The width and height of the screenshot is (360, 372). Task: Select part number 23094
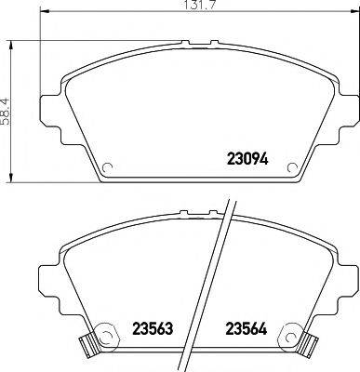click(248, 158)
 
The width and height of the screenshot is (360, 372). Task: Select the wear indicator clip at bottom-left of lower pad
click(88, 345)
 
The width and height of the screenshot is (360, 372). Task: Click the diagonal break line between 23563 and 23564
click(219, 279)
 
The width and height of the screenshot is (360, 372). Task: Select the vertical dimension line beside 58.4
click(12, 110)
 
